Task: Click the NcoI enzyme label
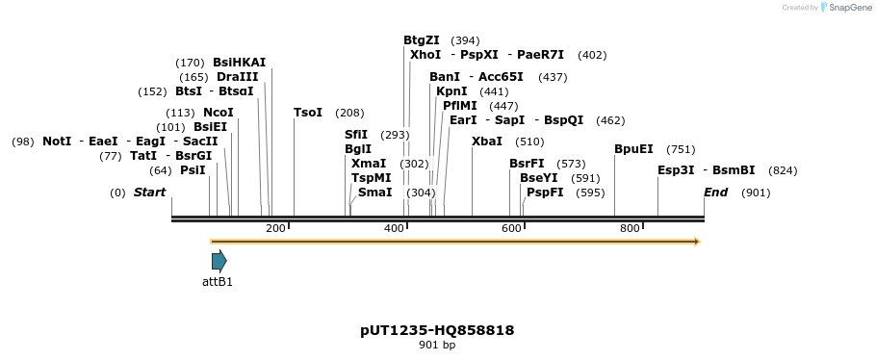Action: [219, 113]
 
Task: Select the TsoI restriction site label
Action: [308, 113]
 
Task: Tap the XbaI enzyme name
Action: [487, 141]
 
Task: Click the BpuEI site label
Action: [633, 149]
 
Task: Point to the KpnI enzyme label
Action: [451, 91]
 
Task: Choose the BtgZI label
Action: [422, 40]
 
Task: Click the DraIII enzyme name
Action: [238, 77]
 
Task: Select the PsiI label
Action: [193, 170]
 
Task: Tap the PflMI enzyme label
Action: [460, 106]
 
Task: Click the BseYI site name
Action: [539, 178]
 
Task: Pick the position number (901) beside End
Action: [756, 193]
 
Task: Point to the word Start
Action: [149, 193]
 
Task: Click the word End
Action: [715, 193]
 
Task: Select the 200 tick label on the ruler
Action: [275, 228]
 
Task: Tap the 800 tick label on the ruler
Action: [630, 228]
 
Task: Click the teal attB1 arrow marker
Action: [219, 261]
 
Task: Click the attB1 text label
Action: [218, 282]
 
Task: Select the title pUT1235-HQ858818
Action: [437, 330]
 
